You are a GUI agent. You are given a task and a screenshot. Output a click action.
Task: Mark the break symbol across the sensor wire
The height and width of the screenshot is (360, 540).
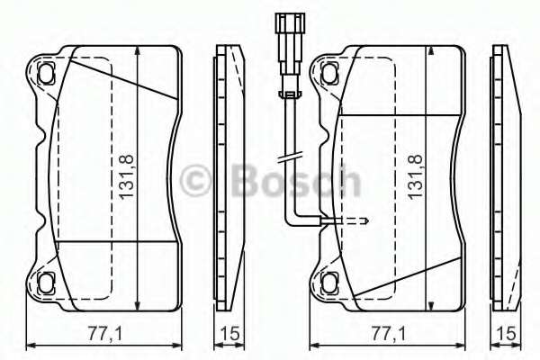pos(288,159)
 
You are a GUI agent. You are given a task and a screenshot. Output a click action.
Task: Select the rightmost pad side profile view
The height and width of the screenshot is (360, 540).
pos(508,175)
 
